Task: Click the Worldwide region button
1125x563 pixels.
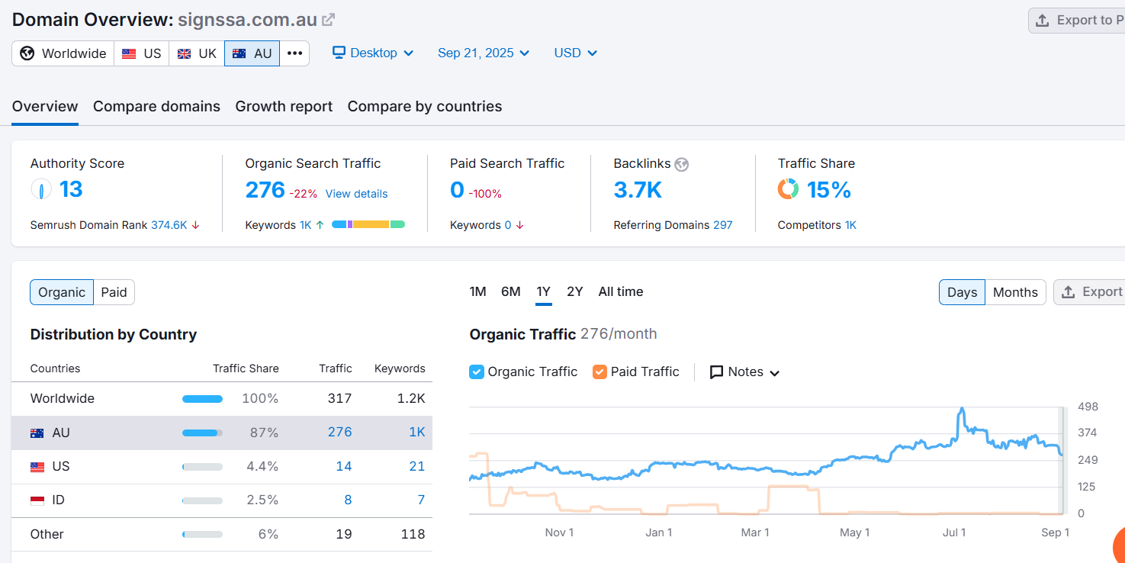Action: click(63, 53)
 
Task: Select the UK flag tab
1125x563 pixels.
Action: click(197, 53)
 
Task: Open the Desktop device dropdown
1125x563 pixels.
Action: click(373, 53)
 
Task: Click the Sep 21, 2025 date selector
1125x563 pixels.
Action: click(483, 53)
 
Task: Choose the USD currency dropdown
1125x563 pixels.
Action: click(575, 53)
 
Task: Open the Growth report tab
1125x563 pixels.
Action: click(284, 107)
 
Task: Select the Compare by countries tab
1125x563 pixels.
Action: click(424, 107)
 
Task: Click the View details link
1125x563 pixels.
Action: click(356, 194)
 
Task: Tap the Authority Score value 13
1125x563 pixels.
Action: click(71, 189)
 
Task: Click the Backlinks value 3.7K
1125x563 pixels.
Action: click(638, 190)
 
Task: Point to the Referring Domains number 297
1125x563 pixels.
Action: click(723, 225)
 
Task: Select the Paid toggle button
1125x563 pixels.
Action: click(114, 292)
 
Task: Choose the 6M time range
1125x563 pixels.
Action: click(510, 291)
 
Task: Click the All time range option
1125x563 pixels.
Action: click(620, 291)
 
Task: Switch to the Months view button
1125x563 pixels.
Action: click(1015, 292)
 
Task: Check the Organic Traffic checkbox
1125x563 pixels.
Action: click(476, 372)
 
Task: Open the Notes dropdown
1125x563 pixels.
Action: click(744, 372)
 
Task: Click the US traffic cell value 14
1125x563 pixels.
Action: click(343, 467)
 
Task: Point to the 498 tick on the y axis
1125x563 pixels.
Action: click(1088, 407)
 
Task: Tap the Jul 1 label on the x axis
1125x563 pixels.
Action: click(953, 532)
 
